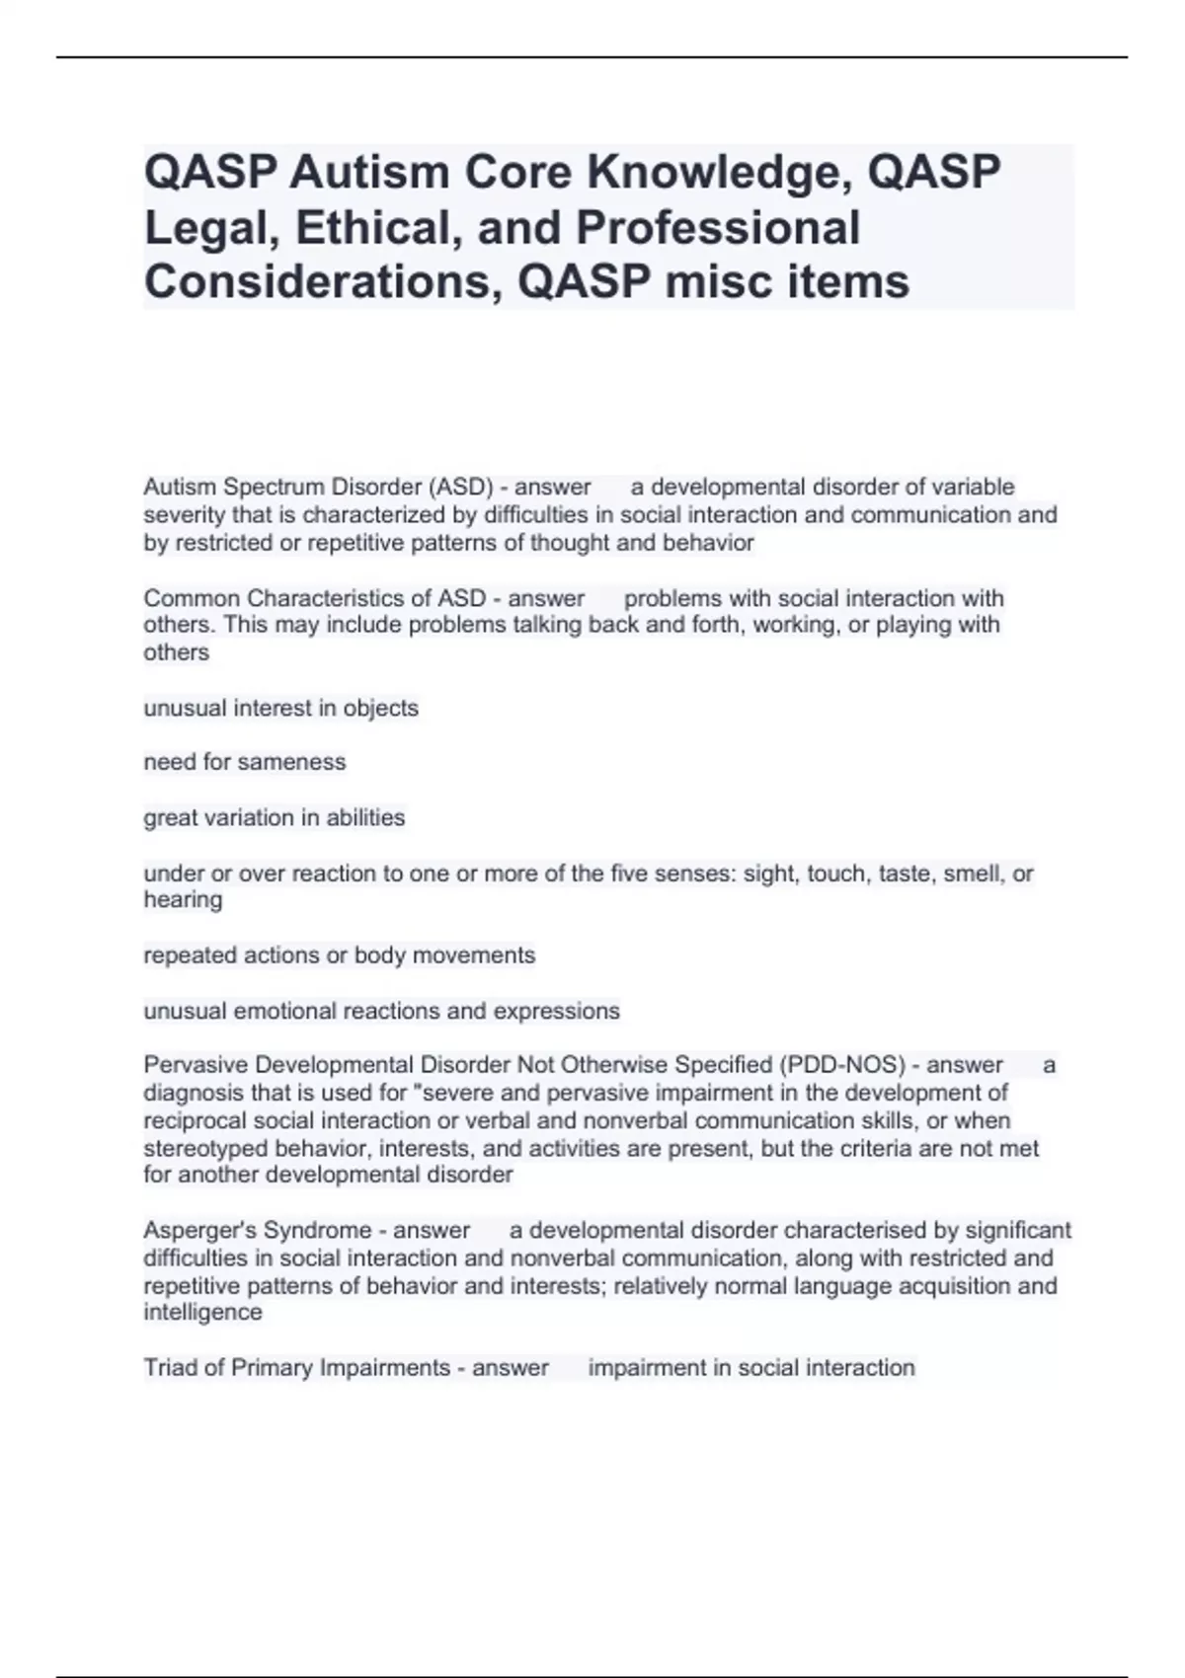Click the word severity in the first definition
184,514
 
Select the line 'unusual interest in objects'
281,708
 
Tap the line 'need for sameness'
245,762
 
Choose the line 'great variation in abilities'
275,817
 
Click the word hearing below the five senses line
183,899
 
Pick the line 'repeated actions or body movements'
340,955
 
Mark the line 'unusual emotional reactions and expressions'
382,1011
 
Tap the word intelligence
202,1312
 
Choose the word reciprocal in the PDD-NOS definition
196,1120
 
